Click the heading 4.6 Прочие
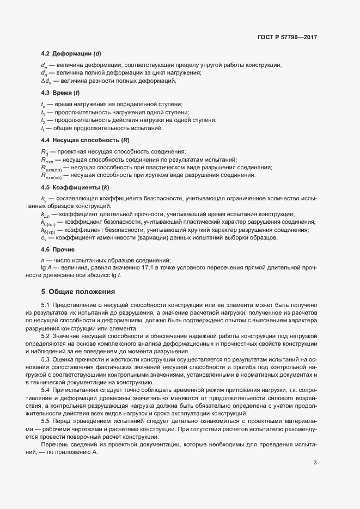(58, 249)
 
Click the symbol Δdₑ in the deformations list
(45, 81)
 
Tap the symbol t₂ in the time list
(43, 120)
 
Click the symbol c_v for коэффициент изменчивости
(43, 238)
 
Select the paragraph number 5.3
(45, 360)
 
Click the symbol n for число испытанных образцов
(42, 261)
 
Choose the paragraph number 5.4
(45, 391)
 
